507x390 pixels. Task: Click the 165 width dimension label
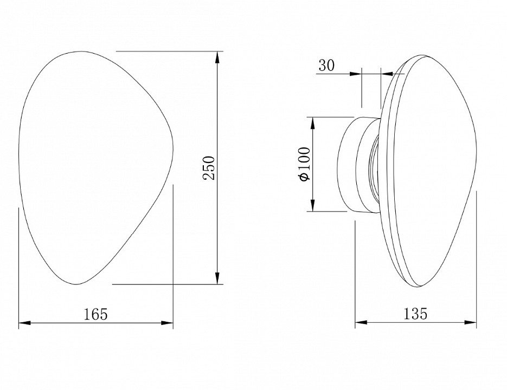coord(95,314)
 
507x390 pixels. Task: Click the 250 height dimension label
coord(209,168)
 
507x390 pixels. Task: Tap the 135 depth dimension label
coord(415,314)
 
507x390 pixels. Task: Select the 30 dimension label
coord(326,66)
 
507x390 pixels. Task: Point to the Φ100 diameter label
coord(305,164)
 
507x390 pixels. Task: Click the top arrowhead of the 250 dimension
coord(217,58)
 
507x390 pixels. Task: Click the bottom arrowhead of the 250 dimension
coord(217,278)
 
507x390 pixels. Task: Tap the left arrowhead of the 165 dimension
coord(25,323)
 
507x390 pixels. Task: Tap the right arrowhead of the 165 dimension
coord(167,323)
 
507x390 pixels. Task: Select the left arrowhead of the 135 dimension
coord(362,322)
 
